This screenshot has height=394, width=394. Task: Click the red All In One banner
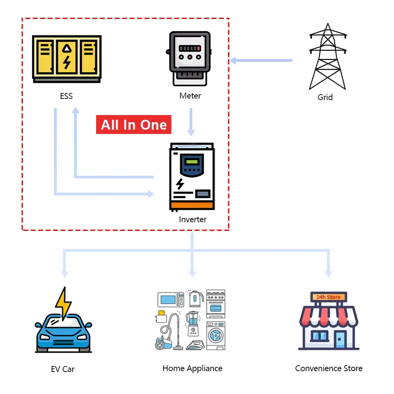(134, 125)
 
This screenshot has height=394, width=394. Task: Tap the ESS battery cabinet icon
(67, 59)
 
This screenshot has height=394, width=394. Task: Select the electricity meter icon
(190, 58)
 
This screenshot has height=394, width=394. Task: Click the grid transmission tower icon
(327, 57)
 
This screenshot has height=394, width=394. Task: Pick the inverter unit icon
(191, 177)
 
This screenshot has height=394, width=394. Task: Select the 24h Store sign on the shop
(328, 297)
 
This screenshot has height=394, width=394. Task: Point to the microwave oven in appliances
(171, 299)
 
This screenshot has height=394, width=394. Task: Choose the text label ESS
(67, 96)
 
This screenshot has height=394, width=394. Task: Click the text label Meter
(190, 96)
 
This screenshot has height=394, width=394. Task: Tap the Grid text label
(325, 97)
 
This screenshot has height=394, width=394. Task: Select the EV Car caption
(63, 369)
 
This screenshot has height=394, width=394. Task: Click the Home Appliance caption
(192, 368)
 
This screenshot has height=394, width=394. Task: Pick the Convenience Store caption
(329, 368)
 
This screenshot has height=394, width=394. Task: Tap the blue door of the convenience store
(340, 339)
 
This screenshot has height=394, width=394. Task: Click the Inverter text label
(193, 219)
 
